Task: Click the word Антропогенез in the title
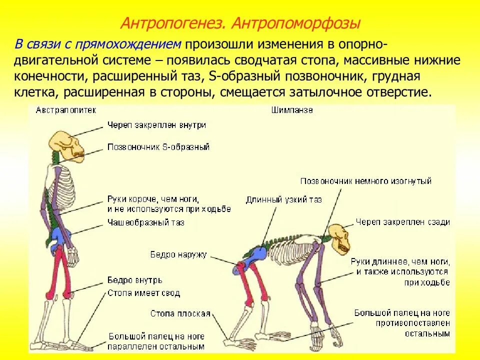point(172,23)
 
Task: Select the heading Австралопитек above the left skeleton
point(66,109)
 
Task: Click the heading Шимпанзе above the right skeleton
point(292,109)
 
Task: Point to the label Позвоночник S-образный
point(158,147)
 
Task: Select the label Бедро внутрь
point(131,280)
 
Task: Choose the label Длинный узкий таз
point(283,199)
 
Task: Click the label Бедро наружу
point(178,254)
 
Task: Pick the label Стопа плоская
point(180,313)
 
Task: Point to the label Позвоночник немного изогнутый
point(366,181)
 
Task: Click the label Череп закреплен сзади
point(403,222)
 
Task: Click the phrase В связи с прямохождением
point(97,44)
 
